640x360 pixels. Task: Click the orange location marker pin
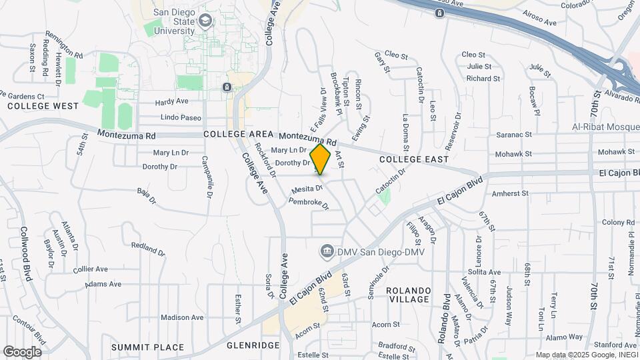321,159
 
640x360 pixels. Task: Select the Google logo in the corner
21,351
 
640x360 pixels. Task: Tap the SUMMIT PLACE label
147,347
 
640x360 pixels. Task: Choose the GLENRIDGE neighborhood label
253,345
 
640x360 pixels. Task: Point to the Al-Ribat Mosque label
605,127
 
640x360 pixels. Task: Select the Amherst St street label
509,193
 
